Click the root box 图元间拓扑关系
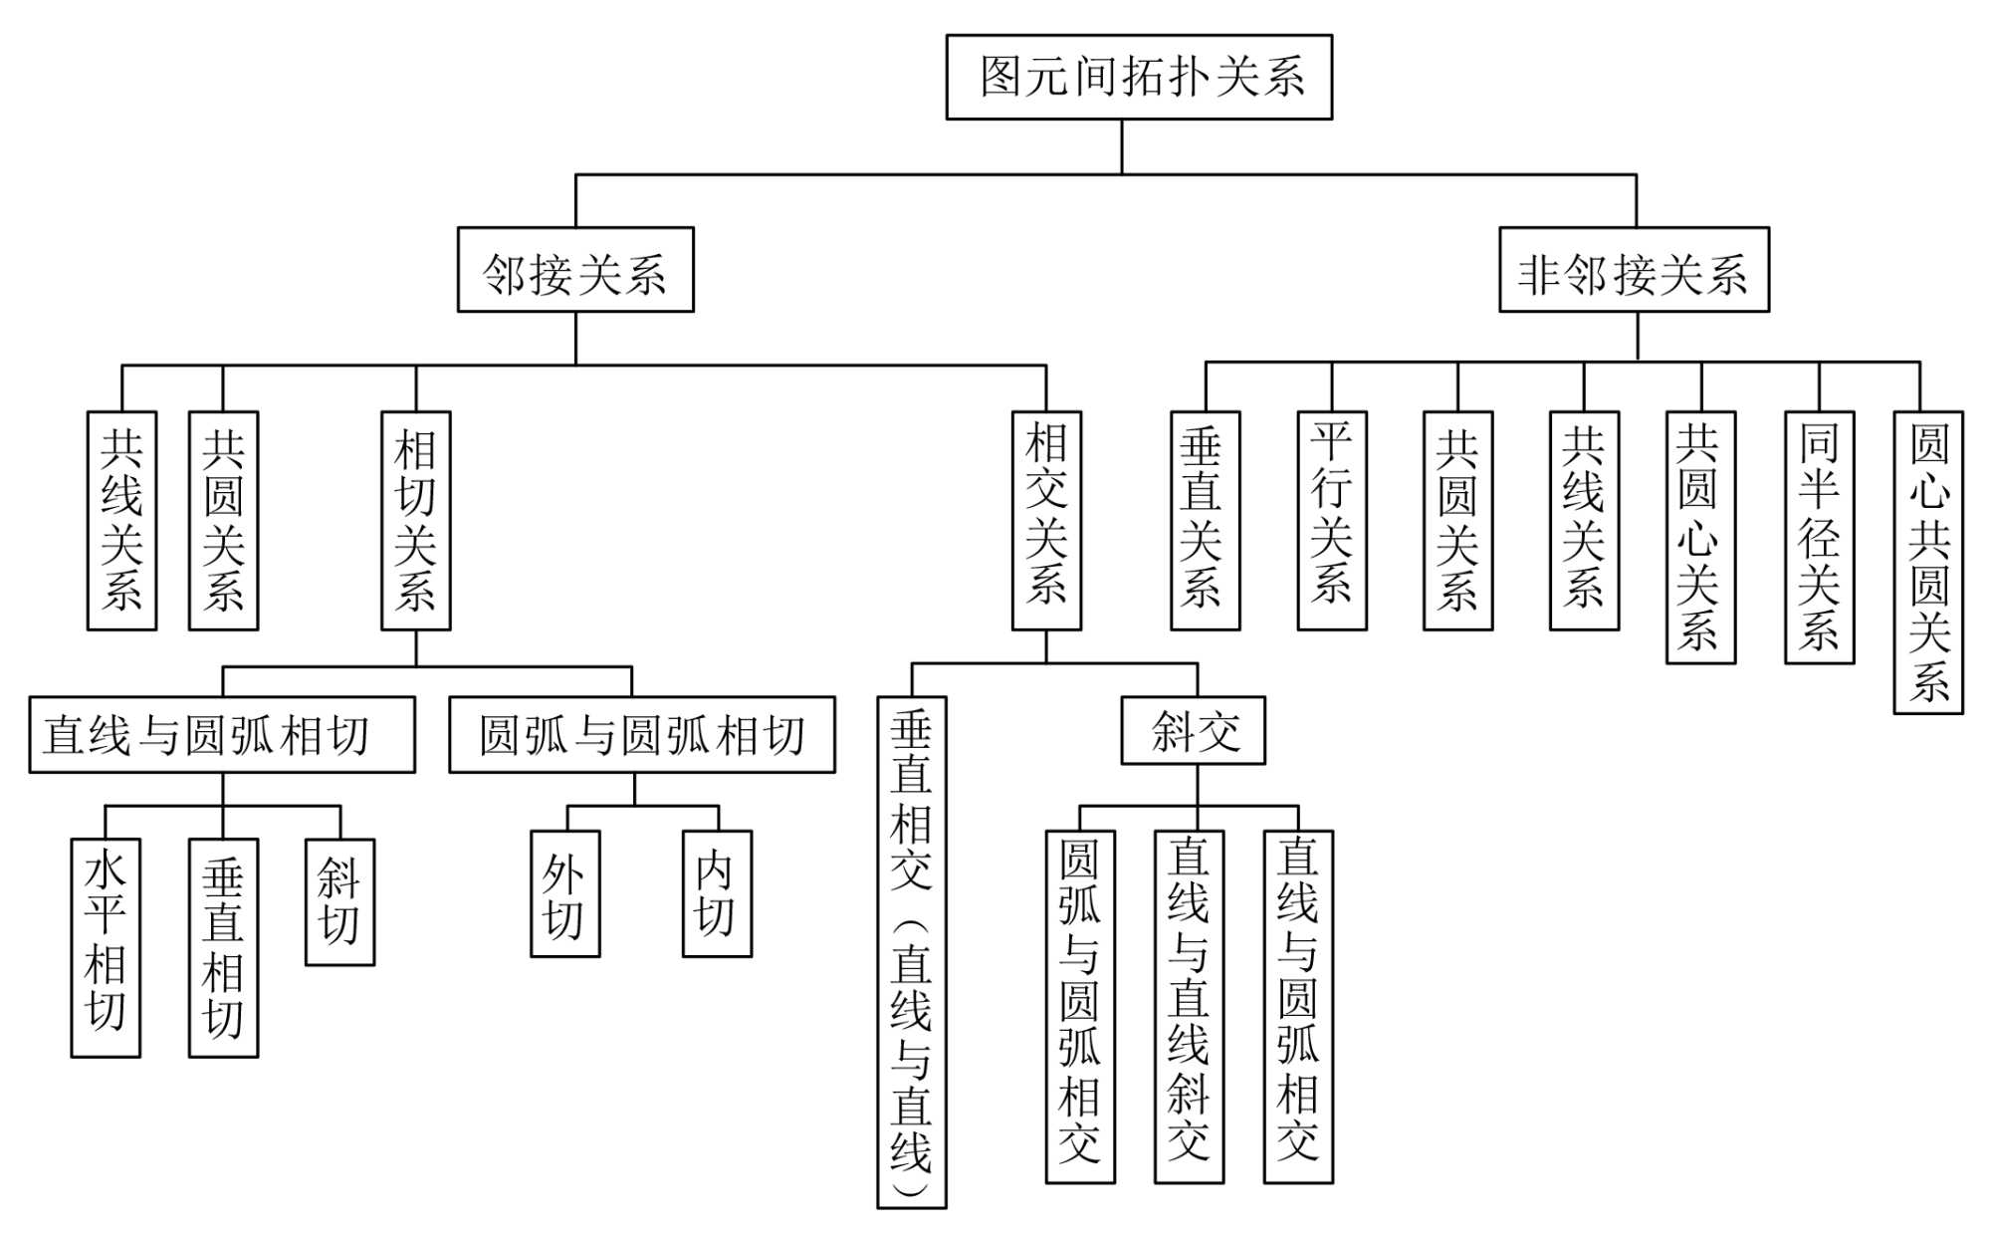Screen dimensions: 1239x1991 1139,78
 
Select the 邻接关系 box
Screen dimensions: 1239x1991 575,270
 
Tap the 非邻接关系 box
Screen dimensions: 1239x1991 1634,270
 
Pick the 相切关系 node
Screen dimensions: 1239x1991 416,521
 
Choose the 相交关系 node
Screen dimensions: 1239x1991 1046,521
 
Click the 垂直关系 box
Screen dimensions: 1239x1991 1205,521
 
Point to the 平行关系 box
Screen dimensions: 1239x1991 1332,521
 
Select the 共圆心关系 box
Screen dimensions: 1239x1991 1700,538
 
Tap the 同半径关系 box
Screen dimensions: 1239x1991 1819,538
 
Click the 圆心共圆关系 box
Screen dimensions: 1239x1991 1928,563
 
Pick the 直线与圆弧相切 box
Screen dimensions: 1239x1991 222,735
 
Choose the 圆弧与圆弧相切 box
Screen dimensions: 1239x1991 642,735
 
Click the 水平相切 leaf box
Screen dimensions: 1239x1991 106,947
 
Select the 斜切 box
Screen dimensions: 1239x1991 339,902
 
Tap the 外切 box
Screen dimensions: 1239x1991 565,894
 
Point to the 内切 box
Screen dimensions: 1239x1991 717,894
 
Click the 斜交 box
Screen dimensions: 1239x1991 1194,731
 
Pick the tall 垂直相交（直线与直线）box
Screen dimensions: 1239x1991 911,952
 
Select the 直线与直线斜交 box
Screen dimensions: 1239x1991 1189,1007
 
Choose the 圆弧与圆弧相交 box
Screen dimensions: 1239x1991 1080,1007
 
